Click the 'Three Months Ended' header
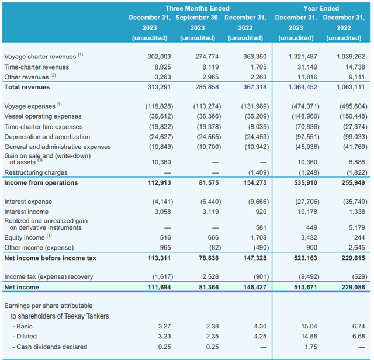pos(198,8)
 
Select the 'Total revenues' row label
pos(27,87)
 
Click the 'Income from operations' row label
pos(41,182)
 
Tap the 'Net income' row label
pos(22,287)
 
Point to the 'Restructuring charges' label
pos(36,172)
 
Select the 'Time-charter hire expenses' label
pos(43,126)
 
